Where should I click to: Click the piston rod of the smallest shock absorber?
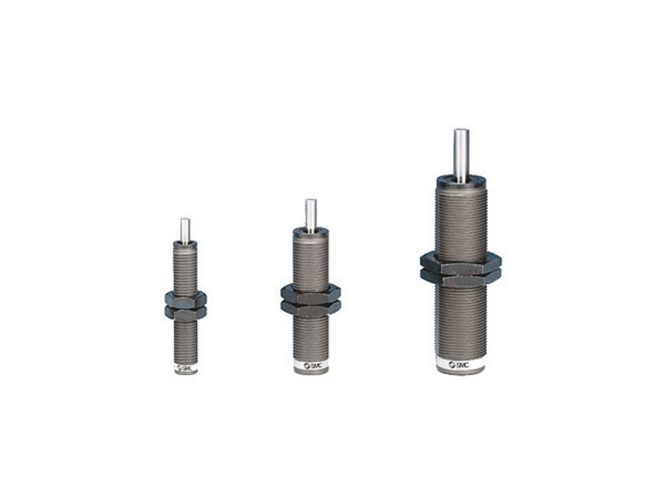pos(185,231)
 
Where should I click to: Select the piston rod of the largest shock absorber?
pos(460,155)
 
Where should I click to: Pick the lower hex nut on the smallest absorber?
pos(185,313)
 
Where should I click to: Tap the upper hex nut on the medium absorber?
pos(310,294)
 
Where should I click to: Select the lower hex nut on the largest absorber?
pos(461,277)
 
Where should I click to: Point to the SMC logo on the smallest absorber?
pos(185,368)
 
